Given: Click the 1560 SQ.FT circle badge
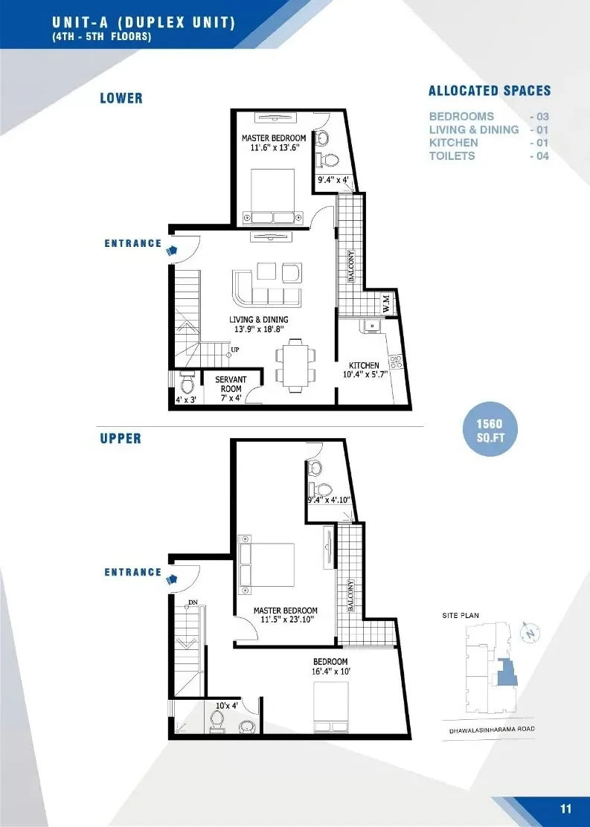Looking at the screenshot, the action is click(x=490, y=430).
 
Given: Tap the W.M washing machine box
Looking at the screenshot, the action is click(x=386, y=303).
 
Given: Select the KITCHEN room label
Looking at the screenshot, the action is click(x=364, y=365).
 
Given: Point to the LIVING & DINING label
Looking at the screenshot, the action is click(x=259, y=320).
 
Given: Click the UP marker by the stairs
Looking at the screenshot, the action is click(x=235, y=349).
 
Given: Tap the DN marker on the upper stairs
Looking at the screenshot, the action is click(x=193, y=602).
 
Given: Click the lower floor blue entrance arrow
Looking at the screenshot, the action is click(x=172, y=251).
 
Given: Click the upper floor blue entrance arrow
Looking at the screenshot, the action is click(x=172, y=579).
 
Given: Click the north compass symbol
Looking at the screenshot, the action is click(x=530, y=632).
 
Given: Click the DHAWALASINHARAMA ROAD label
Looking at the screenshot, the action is click(x=491, y=730).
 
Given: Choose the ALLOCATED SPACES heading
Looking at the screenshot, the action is click(x=490, y=91).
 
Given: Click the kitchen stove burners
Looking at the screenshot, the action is click(x=396, y=361).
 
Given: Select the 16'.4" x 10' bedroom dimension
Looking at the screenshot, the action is click(x=331, y=672).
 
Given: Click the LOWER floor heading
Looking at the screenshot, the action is click(x=121, y=98).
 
